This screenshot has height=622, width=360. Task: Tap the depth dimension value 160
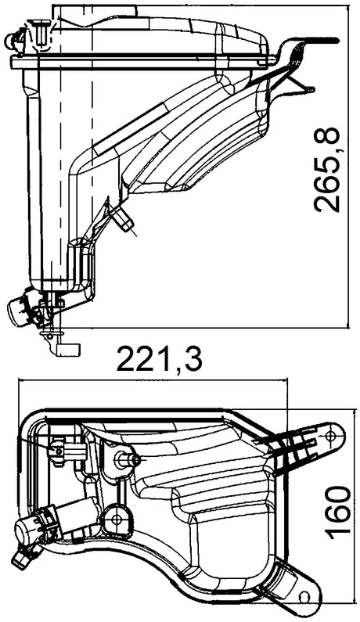(337, 512)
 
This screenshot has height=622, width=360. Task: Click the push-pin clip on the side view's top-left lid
(41, 31)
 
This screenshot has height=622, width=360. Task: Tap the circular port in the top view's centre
(117, 516)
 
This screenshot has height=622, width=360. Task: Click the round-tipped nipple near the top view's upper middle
(127, 459)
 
